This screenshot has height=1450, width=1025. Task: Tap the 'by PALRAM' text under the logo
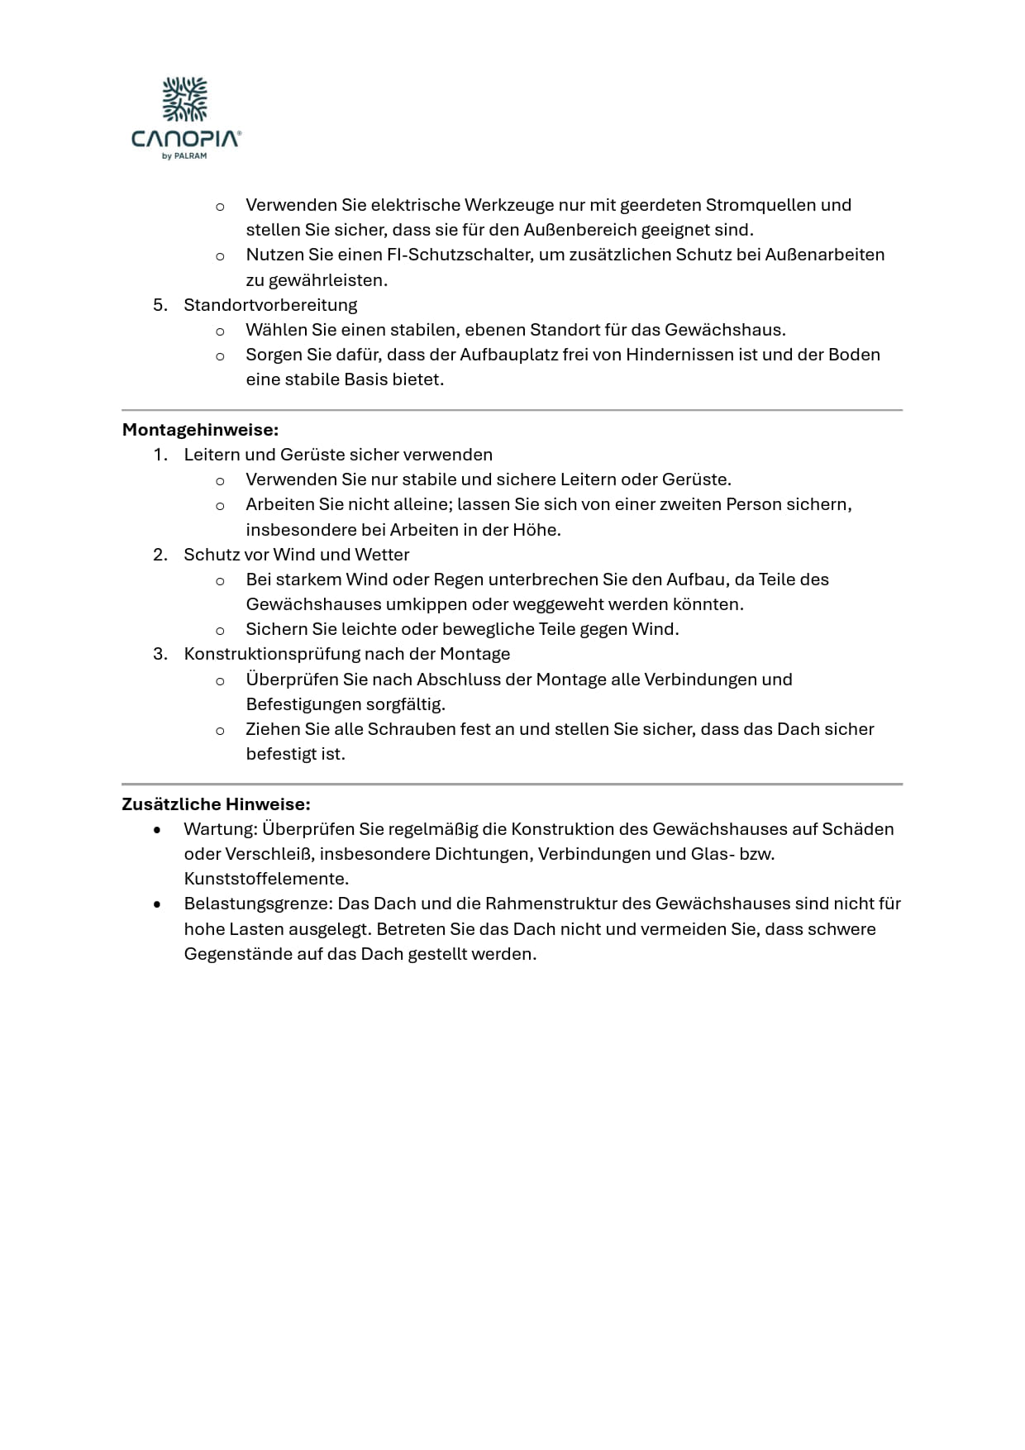184,156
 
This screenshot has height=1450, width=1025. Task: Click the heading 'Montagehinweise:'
200,430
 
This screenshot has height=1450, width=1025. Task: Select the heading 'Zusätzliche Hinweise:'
216,804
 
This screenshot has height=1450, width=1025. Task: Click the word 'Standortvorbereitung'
270,305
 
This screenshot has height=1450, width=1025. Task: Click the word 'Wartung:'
221,829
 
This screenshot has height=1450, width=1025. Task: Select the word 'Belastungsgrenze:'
258,904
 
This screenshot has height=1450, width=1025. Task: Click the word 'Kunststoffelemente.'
266,879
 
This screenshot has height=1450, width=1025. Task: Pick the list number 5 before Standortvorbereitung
160,305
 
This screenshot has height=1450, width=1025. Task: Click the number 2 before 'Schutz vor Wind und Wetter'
160,555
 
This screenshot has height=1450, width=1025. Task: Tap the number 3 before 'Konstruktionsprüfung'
160,654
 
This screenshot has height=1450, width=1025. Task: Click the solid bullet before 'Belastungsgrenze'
158,904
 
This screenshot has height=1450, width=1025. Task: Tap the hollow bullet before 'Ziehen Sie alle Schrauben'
220,731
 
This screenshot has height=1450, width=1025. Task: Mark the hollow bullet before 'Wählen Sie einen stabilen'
220,331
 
